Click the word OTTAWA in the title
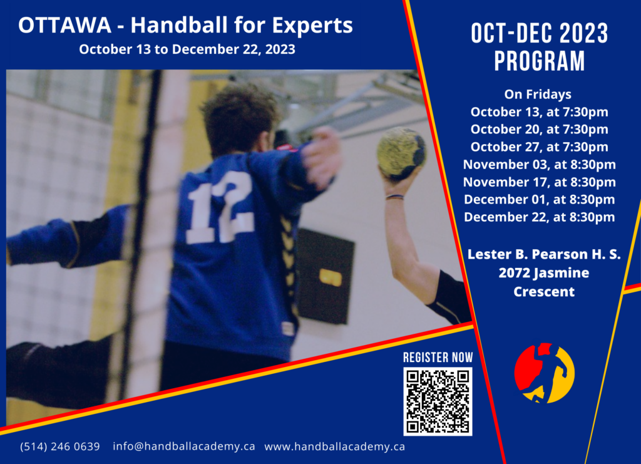64,25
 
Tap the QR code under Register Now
438,401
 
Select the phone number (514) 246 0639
60,446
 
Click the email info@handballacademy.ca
184,446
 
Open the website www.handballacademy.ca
335,447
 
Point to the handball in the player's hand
401,153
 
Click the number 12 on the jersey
220,208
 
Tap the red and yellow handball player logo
544,373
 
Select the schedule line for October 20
539,129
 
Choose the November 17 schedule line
539,182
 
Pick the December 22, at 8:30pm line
539,217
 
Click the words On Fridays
538,95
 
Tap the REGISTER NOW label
438,358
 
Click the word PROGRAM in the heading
540,61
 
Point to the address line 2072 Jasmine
544,272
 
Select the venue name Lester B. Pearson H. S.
544,254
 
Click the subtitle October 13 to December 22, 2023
187,49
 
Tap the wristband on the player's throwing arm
394,197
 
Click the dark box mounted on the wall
326,276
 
